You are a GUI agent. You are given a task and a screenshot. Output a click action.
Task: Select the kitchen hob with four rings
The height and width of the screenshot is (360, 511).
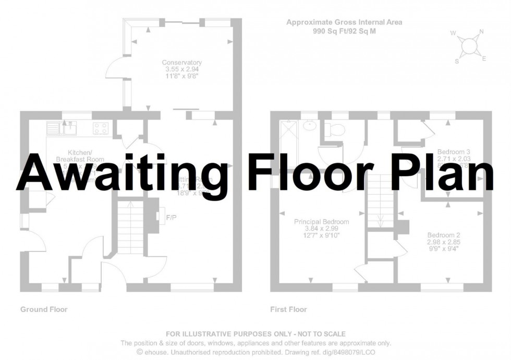(101, 128)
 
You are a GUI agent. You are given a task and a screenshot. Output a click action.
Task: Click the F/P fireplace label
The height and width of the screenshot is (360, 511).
(172, 217)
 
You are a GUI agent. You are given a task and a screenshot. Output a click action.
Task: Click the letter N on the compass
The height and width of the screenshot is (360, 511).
(481, 32)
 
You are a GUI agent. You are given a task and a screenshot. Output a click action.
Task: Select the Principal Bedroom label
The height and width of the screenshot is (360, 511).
(321, 222)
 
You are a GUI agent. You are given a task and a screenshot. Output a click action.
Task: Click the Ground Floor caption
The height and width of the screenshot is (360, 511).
(44, 309)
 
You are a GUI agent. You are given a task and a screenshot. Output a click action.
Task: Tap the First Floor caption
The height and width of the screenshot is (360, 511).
(288, 309)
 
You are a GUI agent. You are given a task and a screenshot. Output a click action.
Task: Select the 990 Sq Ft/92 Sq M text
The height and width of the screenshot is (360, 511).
(344, 31)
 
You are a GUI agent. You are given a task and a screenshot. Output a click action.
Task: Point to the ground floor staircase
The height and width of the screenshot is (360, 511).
(129, 227)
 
